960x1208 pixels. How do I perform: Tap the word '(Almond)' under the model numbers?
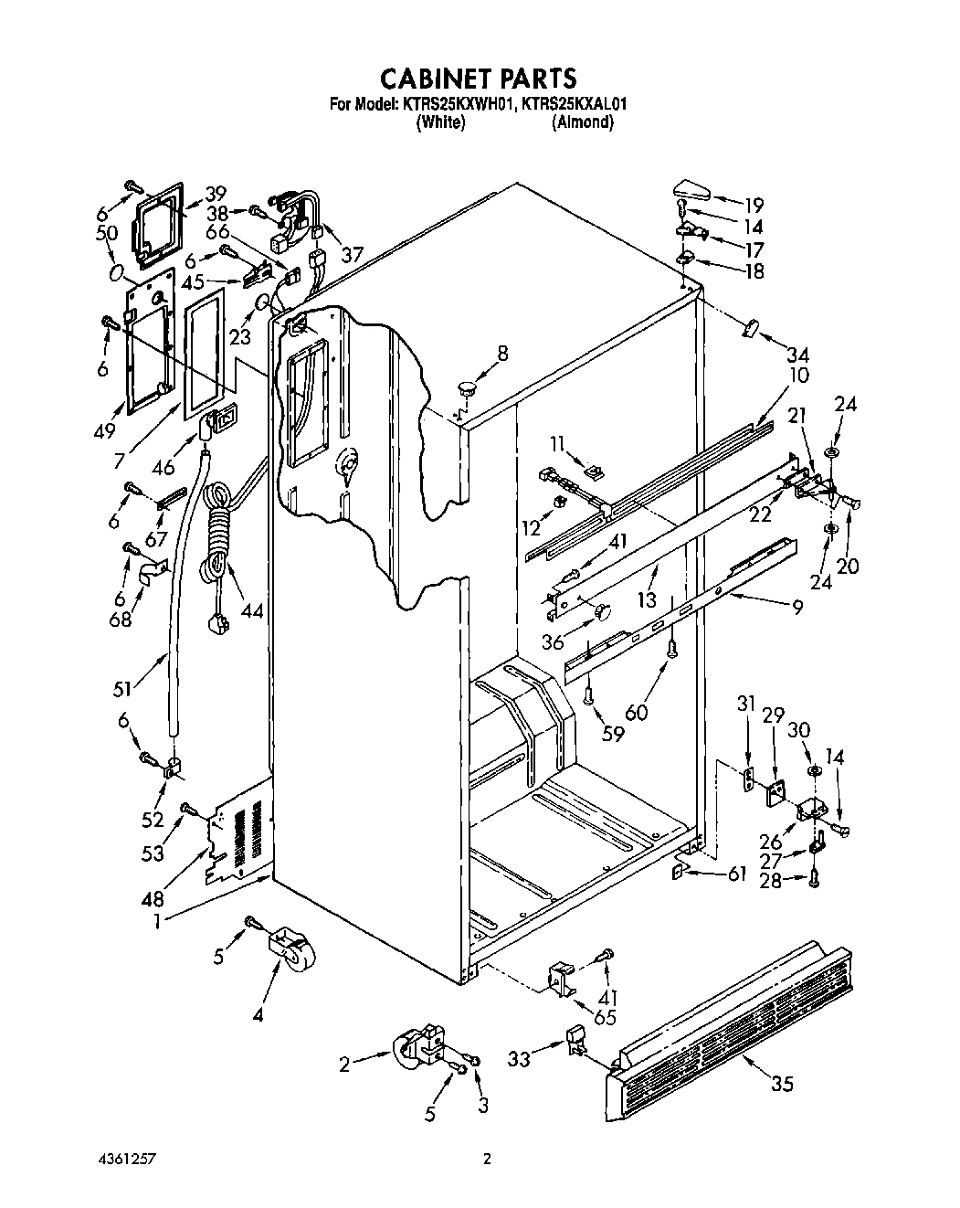click(583, 122)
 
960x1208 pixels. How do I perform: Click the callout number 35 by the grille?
click(782, 1085)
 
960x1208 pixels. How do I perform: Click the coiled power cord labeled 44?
click(219, 539)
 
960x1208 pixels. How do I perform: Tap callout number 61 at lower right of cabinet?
click(736, 874)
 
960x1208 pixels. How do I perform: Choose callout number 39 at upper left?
click(215, 193)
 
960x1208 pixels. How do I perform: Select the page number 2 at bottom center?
click(487, 1160)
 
